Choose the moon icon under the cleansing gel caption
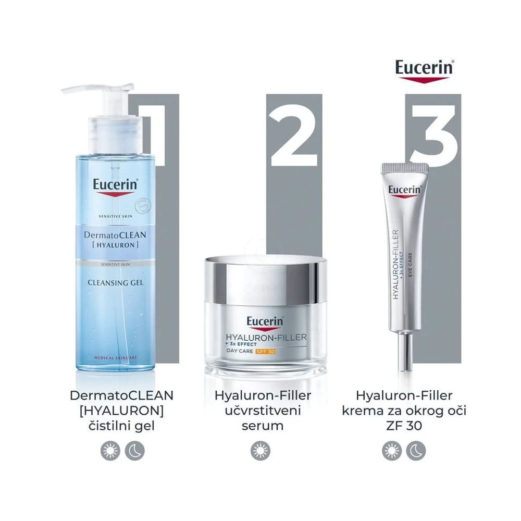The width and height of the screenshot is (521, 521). coord(134,449)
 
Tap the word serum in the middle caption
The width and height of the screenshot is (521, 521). coord(263,426)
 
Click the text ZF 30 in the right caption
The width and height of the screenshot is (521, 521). coord(404,426)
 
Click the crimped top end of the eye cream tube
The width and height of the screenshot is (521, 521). coord(404,168)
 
